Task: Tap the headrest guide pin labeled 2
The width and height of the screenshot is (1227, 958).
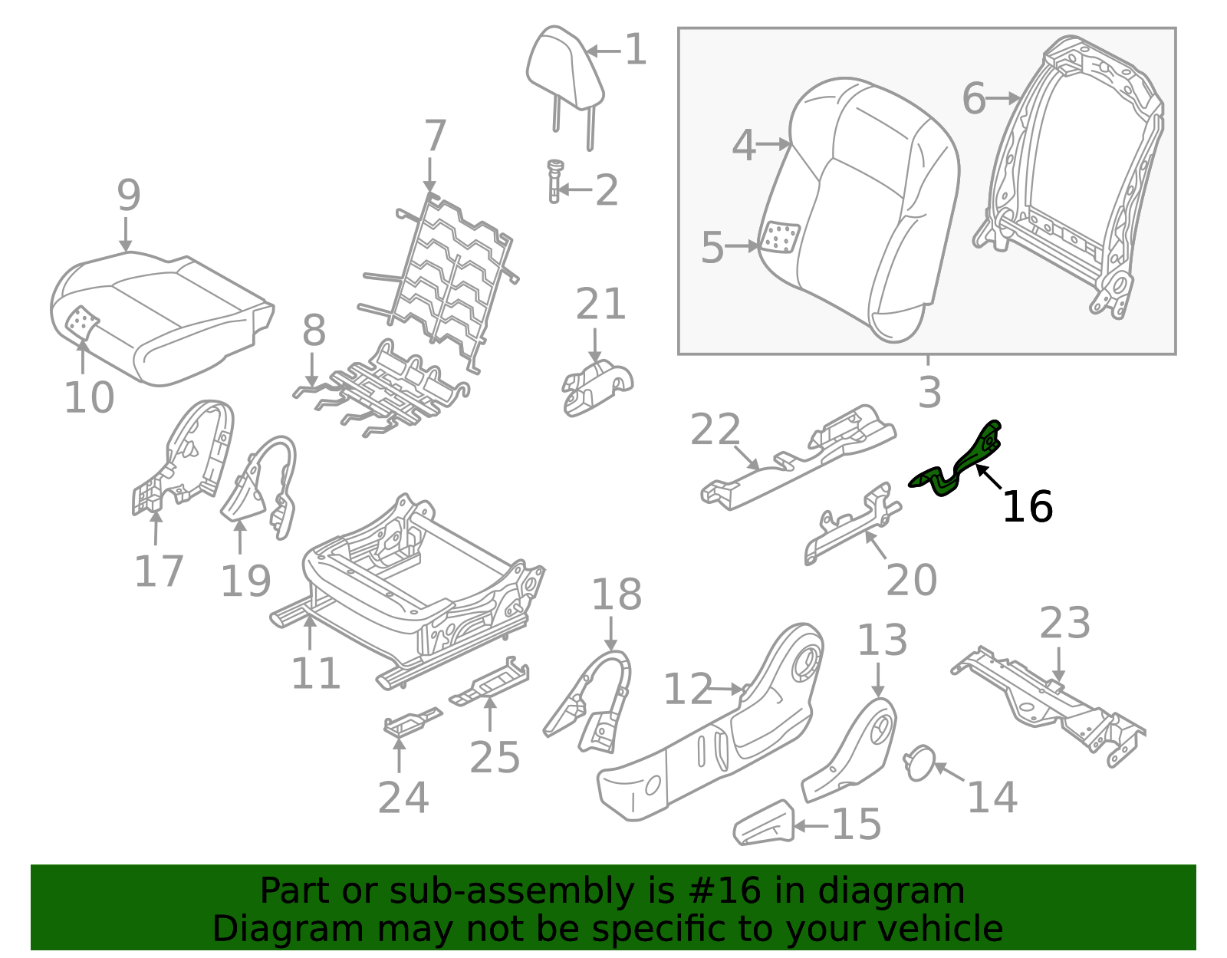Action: (x=554, y=181)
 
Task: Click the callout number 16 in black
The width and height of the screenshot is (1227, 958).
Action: (x=1027, y=507)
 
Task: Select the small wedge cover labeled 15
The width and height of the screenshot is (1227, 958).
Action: (x=764, y=824)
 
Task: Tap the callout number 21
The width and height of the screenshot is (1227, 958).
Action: (x=600, y=305)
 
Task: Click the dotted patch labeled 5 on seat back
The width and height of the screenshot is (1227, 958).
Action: (x=779, y=238)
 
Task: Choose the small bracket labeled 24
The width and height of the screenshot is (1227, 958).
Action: (x=410, y=723)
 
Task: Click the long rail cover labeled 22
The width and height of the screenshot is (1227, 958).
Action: (x=798, y=456)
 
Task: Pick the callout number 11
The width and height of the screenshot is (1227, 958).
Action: (x=315, y=674)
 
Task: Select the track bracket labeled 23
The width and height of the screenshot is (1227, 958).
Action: (x=1051, y=702)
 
